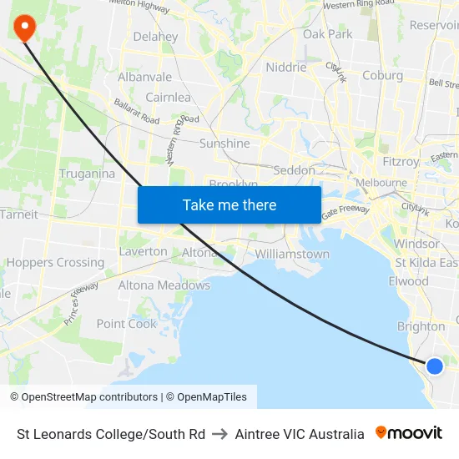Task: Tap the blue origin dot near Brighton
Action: coord(434,366)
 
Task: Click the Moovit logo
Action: coord(409,433)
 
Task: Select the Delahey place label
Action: coord(155,37)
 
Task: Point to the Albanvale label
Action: coord(144,77)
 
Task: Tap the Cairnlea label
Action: coord(168,97)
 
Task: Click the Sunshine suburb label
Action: coord(224,144)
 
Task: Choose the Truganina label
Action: coord(87,174)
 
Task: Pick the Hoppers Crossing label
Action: coord(55,262)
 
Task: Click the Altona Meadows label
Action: coord(164,285)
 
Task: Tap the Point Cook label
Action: coord(126,324)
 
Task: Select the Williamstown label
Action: coord(292,254)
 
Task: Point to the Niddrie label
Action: coord(286,68)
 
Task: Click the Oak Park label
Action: coord(327,34)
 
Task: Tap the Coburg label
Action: coord(382,75)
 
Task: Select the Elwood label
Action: coord(408,281)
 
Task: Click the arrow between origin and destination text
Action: coord(219,434)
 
